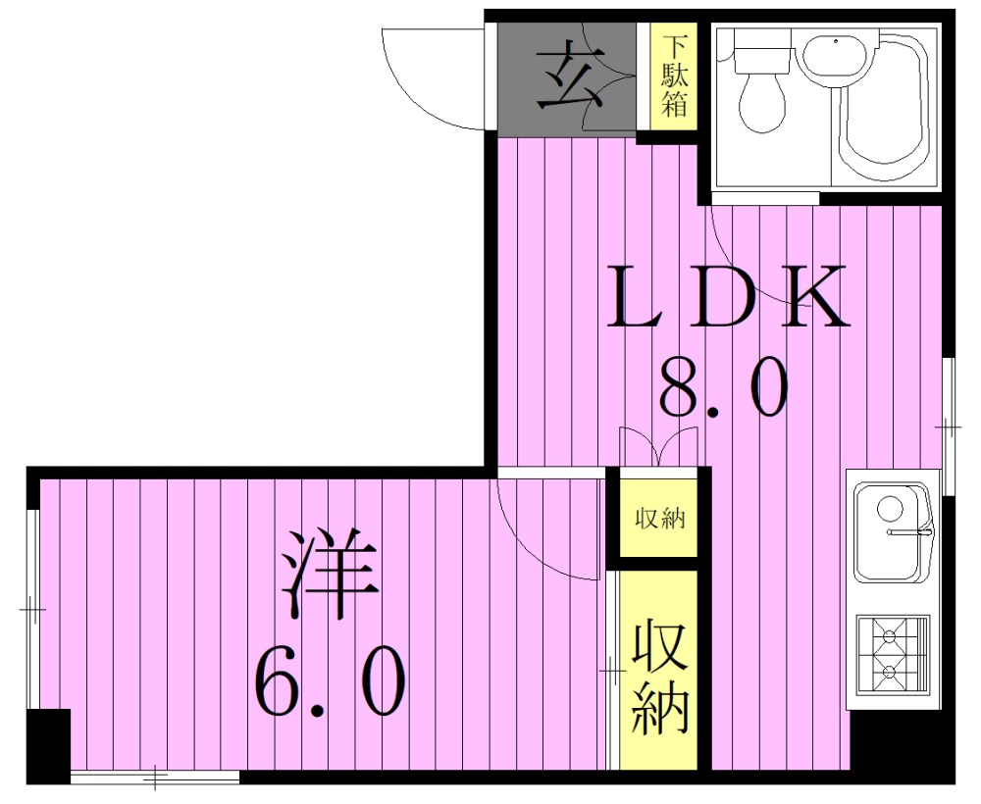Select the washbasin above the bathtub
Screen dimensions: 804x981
point(834,54)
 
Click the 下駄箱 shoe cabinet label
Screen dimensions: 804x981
point(674,75)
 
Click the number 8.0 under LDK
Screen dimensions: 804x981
point(724,386)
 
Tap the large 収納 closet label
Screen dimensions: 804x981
point(658,678)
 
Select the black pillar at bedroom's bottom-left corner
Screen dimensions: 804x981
point(48,746)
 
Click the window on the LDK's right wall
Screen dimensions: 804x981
point(948,422)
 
